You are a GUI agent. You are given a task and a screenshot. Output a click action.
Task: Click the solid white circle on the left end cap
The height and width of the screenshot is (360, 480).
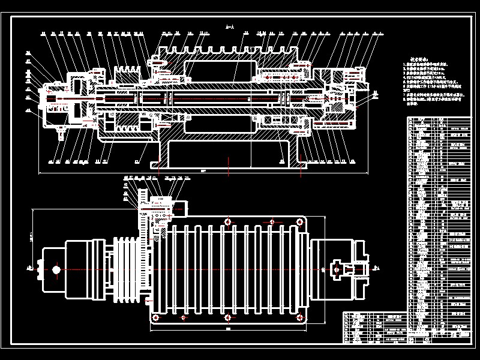56,270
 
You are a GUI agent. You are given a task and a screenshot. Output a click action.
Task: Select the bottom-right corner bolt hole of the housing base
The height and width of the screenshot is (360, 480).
298,316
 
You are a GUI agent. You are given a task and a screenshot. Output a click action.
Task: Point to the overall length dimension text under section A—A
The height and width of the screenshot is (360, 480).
203,171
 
